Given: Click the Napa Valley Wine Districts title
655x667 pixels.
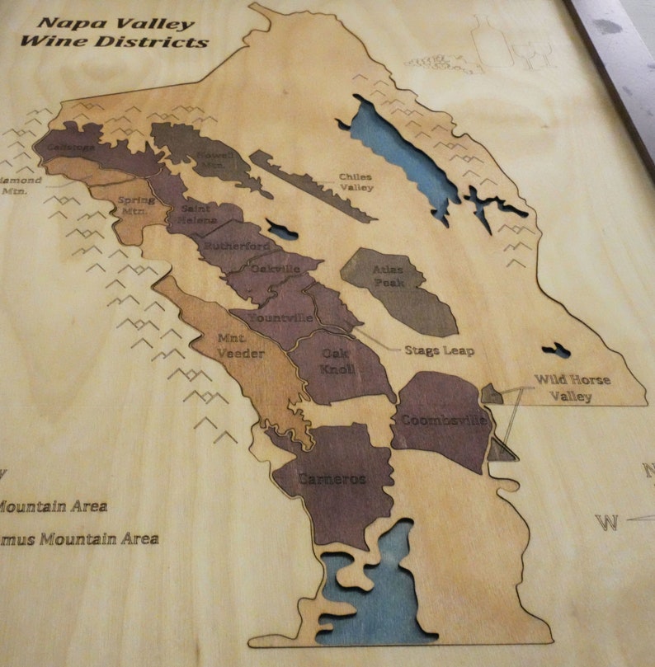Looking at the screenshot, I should point(116,32).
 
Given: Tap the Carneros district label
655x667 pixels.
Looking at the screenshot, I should point(332,479).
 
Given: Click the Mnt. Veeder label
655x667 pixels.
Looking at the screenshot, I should point(240,345).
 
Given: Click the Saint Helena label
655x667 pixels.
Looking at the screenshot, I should point(199,214).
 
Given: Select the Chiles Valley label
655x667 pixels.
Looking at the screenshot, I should point(356,182).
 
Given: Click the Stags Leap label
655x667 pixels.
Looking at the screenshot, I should point(439,350).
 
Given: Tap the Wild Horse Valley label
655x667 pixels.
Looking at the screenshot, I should point(573,388).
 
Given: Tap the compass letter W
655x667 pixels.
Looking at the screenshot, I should point(606,522).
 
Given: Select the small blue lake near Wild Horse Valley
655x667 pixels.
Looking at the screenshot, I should point(556,350).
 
